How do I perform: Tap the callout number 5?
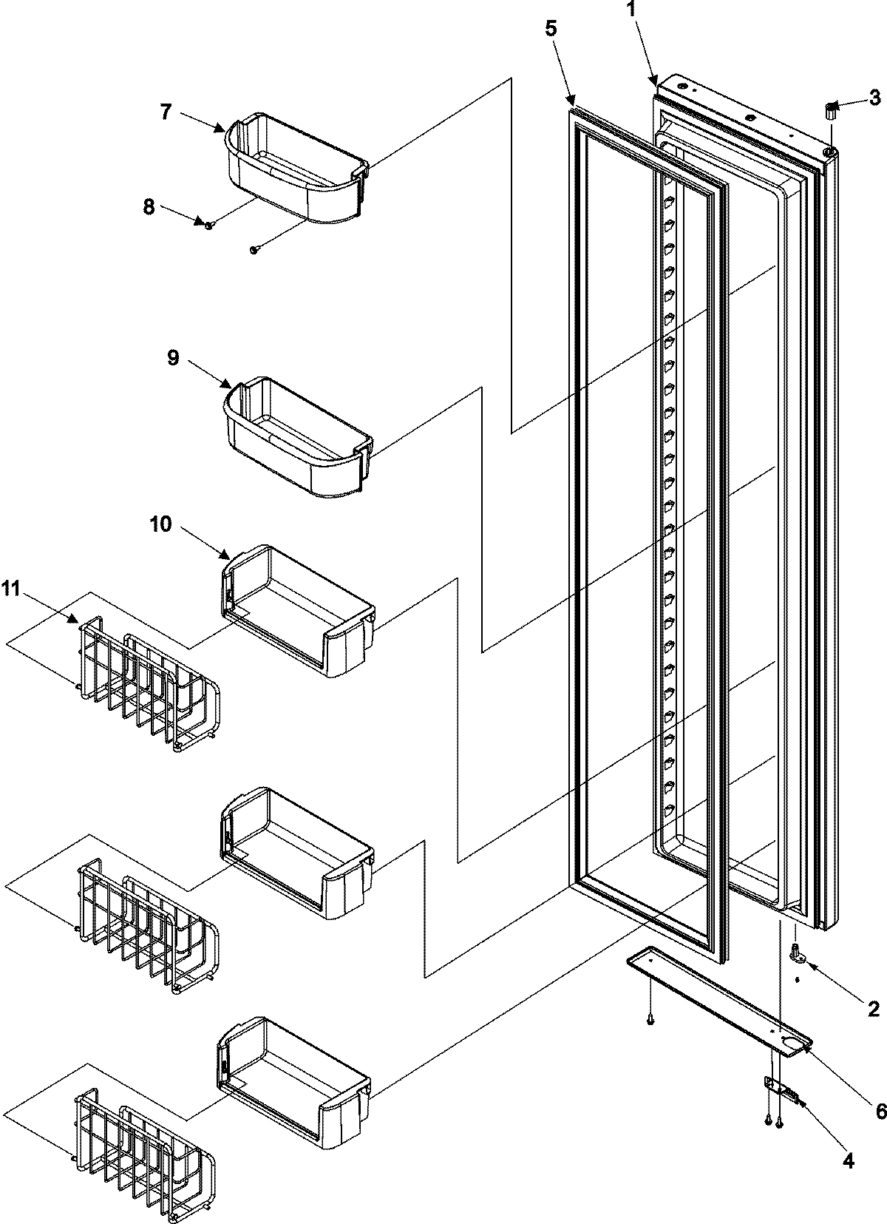tap(552, 30)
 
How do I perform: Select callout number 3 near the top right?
tap(874, 96)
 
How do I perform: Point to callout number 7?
tap(166, 112)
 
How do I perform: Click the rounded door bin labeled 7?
tap(296, 167)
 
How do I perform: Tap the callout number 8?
tap(149, 207)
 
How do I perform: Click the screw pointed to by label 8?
tap(209, 225)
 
